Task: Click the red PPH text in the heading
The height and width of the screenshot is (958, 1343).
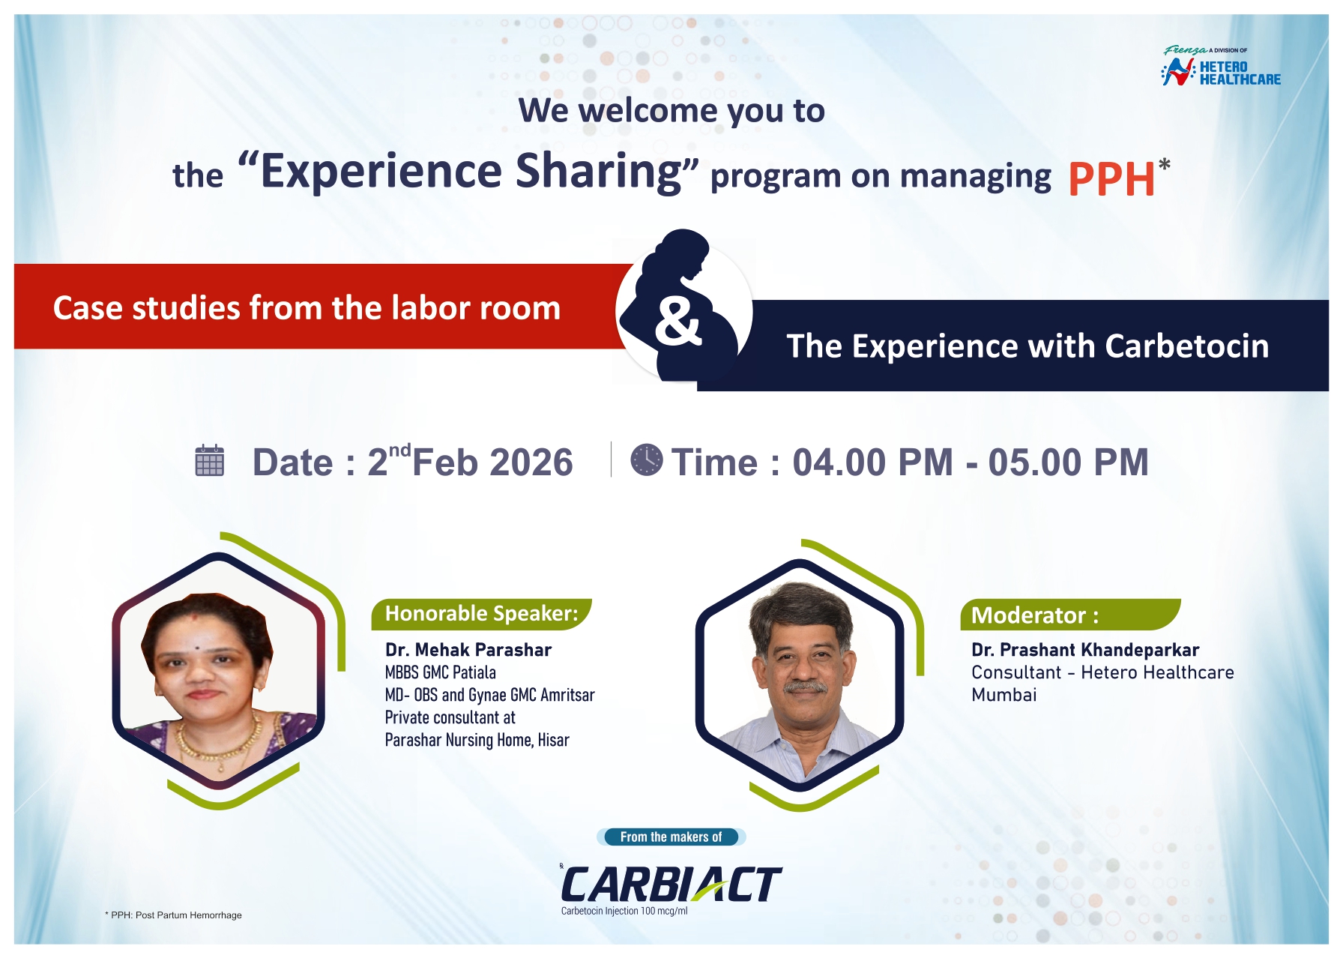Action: click(1111, 180)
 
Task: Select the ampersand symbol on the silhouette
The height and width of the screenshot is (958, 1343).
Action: click(677, 322)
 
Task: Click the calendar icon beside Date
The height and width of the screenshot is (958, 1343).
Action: click(209, 460)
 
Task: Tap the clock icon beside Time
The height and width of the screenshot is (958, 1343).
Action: click(646, 460)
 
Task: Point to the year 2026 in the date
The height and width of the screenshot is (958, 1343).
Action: click(531, 463)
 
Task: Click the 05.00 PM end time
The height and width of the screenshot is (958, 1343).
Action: click(1068, 463)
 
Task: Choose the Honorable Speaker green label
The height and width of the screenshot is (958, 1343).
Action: click(481, 614)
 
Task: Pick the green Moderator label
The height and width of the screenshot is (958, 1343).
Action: click(1069, 615)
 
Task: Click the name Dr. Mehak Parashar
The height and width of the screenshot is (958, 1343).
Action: click(468, 650)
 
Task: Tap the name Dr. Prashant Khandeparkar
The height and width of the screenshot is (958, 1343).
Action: click(1084, 650)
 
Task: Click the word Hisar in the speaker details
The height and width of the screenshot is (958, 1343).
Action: click(553, 741)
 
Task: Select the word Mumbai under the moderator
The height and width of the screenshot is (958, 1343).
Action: click(1004, 695)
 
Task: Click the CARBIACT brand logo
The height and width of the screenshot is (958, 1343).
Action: click(670, 885)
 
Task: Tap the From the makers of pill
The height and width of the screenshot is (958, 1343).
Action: click(671, 837)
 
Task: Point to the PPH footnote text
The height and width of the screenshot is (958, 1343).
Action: click(175, 915)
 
